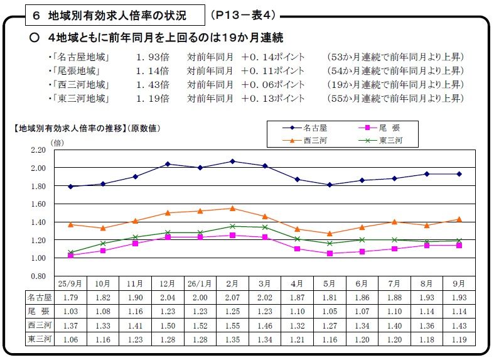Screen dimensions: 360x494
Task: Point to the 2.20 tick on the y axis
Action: click(x=38, y=150)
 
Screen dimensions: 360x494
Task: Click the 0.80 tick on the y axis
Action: click(x=38, y=276)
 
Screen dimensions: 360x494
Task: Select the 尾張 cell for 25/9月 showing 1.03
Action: click(x=70, y=312)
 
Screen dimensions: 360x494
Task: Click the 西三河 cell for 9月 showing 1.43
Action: click(x=459, y=325)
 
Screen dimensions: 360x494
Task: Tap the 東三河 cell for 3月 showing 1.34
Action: click(x=265, y=339)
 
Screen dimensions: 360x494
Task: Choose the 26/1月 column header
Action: click(x=200, y=283)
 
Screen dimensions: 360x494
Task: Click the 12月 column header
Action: click(x=168, y=283)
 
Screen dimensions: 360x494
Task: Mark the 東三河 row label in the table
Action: click(x=39, y=339)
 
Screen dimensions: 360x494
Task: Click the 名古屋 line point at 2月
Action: click(x=232, y=161)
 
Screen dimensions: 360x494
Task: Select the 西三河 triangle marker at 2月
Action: click(x=232, y=208)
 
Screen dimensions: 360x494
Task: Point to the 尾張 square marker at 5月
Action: click(x=330, y=253)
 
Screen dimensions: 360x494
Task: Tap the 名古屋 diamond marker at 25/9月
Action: click(x=70, y=187)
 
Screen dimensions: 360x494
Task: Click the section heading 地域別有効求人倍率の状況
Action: click(x=110, y=14)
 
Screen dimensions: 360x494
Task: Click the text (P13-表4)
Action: click(x=241, y=14)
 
